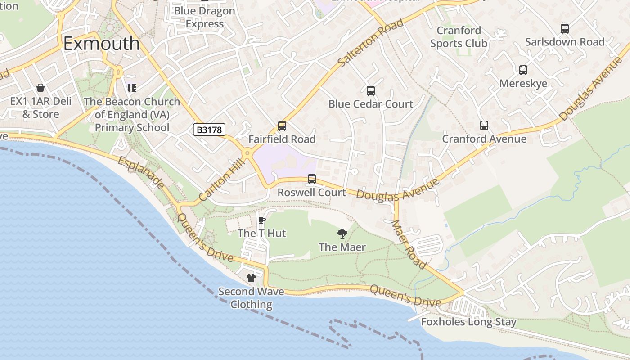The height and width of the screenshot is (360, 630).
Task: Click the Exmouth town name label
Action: pos(101,44)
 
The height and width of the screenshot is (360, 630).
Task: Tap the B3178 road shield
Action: pos(209,130)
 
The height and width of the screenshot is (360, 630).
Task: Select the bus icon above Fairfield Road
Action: pos(282,126)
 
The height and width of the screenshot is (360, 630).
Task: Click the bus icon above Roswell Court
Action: pos(311,179)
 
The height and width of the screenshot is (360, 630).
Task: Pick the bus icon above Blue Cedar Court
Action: pos(370,90)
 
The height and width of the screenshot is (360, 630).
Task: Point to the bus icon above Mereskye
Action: pos(523,70)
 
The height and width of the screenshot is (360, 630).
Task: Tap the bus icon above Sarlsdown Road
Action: pos(564,28)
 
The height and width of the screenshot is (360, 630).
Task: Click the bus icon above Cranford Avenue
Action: pos(484,126)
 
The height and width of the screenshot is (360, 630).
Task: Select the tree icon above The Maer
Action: pos(342,234)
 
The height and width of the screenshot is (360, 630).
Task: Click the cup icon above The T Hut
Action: pos(261,220)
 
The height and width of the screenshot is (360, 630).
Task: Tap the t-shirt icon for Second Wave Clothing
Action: pos(251,278)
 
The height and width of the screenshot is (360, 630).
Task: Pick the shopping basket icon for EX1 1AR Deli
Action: pos(40,88)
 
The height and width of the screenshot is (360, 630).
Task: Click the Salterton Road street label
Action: pos(370,43)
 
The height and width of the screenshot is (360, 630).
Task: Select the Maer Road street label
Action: pos(409,244)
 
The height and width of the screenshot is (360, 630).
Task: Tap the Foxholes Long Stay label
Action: pos(468,322)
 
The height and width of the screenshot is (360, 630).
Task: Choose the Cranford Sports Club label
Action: pos(459,37)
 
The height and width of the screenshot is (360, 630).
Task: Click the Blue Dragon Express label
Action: pos(204,17)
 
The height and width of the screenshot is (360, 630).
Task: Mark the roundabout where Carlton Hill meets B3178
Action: pos(247,154)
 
